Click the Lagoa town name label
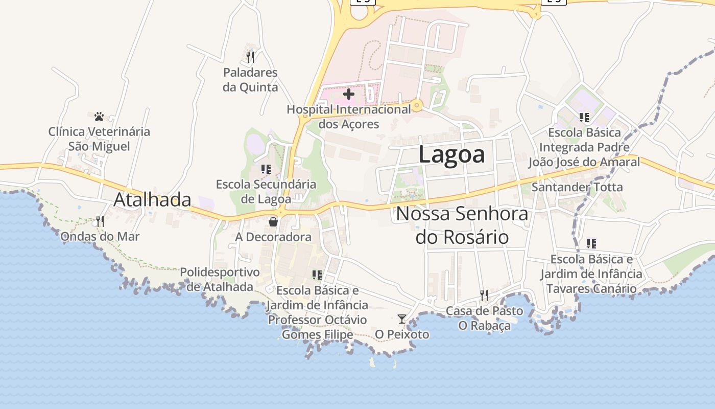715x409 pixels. [451, 154]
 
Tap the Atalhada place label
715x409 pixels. [152, 200]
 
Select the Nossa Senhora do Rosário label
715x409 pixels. [462, 225]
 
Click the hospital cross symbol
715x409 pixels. [349, 94]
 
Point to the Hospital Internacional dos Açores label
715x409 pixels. [349, 117]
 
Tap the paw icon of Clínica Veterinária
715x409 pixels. [99, 117]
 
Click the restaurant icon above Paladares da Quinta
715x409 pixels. [250, 57]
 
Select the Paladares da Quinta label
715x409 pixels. [250, 80]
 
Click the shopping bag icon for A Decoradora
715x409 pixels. [273, 222]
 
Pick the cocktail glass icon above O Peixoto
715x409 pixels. [402, 319]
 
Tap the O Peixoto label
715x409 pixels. [402, 334]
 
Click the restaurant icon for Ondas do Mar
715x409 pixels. [100, 221]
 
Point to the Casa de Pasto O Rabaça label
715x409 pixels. [484, 318]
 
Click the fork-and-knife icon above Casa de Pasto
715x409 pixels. [484, 296]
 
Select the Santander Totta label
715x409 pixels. [577, 187]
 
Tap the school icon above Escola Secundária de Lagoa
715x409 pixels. [266, 169]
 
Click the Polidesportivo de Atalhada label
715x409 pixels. [220, 279]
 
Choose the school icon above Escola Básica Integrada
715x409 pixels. [584, 118]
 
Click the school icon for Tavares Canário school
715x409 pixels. [591, 244]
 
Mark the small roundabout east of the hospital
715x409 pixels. [418, 106]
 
